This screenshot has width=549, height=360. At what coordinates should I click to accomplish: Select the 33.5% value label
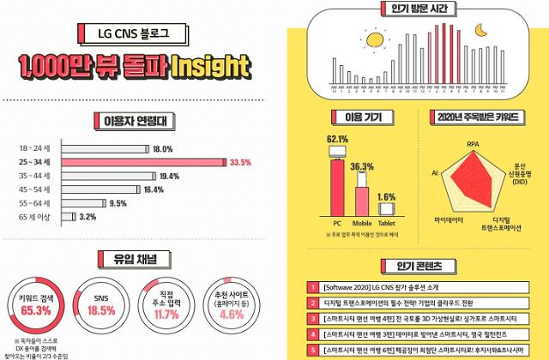(x=239, y=162)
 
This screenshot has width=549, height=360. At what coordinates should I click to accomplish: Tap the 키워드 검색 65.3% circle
(x=35, y=299)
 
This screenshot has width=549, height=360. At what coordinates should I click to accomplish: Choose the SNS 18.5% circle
(x=103, y=300)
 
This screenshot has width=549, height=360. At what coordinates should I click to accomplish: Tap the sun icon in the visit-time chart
(x=372, y=40)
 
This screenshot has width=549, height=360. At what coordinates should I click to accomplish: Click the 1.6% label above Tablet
(x=386, y=196)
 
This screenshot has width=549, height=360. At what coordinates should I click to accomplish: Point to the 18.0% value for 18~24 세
(x=162, y=148)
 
